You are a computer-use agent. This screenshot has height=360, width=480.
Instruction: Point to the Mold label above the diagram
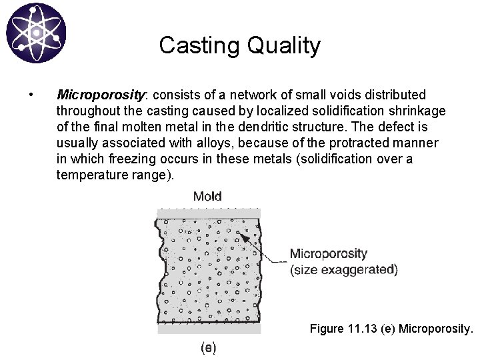pos(207,196)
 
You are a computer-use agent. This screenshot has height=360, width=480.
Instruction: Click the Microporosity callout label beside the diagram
pos(328,254)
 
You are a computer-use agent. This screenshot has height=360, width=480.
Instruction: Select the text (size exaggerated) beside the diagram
pos(343,270)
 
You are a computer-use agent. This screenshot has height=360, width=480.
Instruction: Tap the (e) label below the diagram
pos(208,347)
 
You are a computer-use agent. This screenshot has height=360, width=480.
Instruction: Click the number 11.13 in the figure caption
pos(366,329)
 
